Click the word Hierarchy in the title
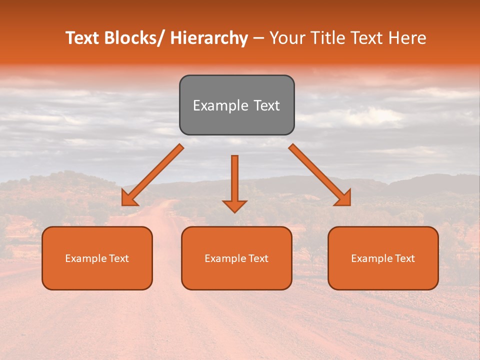point(209,38)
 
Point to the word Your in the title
point(286,38)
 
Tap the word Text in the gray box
point(266,105)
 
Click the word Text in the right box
point(404,258)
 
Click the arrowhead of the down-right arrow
point(344,199)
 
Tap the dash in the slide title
point(258,38)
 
